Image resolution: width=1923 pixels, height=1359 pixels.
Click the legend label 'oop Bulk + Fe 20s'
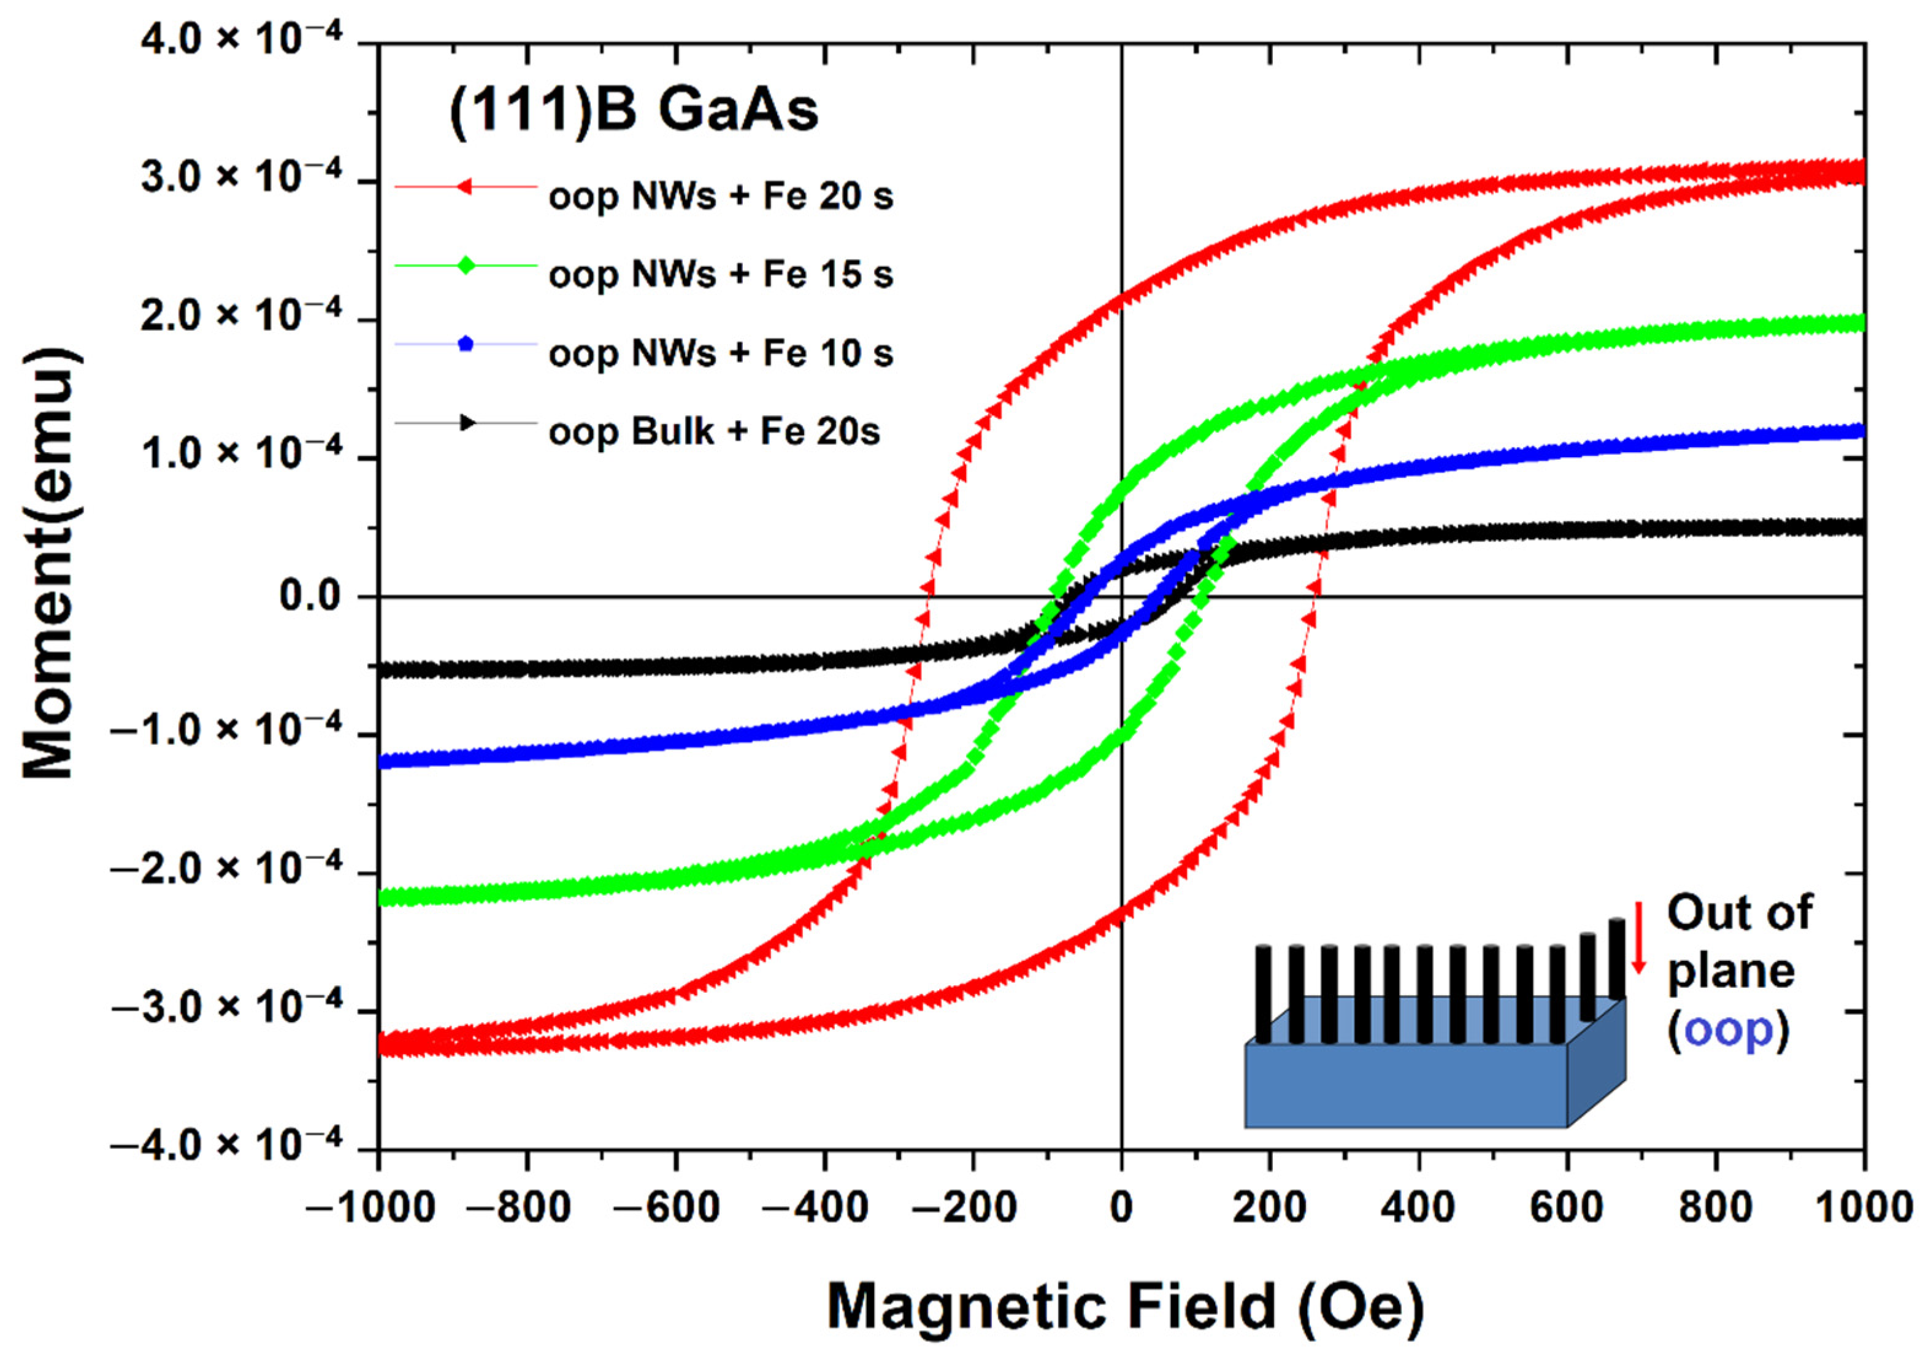click(x=715, y=433)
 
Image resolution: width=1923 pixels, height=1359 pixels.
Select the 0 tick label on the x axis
click(x=1121, y=1207)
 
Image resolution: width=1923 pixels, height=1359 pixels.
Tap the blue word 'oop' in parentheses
click(x=1728, y=1031)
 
